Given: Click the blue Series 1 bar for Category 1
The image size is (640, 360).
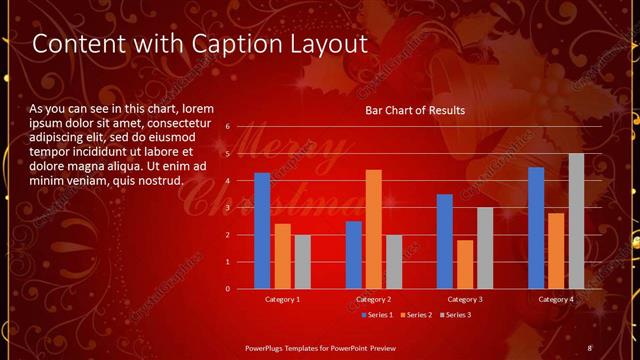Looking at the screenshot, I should (x=262, y=230).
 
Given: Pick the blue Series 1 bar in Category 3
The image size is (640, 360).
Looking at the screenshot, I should (x=445, y=241).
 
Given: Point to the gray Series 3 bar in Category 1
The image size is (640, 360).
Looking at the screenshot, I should (x=302, y=261).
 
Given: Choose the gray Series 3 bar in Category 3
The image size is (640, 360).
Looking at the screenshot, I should (x=484, y=247).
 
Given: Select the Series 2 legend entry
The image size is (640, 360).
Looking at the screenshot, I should (x=415, y=315).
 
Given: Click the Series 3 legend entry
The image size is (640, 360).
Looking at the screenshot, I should (x=454, y=315).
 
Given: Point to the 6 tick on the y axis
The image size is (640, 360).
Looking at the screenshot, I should (x=228, y=127).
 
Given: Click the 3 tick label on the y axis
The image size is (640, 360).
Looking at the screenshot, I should (x=228, y=208).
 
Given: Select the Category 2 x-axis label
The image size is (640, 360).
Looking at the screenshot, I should (x=373, y=299).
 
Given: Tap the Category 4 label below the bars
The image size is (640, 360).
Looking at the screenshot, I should (x=556, y=299).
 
